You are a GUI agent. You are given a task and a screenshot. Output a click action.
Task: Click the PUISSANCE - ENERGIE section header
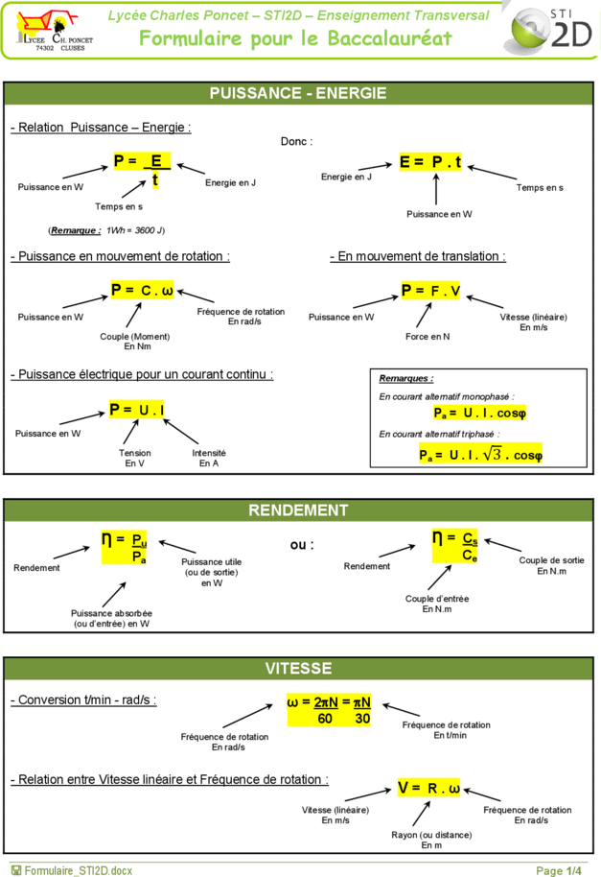tap(298, 93)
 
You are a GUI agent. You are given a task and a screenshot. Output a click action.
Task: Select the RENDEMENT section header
tap(298, 510)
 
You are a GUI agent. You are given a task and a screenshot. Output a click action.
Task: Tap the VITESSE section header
tap(298, 668)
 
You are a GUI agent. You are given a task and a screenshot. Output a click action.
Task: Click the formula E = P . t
tap(430, 161)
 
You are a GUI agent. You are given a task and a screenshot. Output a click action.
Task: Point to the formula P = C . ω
tap(142, 290)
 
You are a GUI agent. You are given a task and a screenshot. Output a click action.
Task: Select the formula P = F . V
tap(430, 291)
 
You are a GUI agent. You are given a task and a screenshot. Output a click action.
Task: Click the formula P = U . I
tap(137, 410)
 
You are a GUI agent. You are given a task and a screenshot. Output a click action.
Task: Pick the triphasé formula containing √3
tap(480, 454)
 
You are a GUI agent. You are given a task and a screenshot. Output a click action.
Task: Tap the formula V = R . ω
tap(428, 788)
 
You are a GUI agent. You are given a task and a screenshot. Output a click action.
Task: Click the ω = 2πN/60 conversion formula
tap(329, 710)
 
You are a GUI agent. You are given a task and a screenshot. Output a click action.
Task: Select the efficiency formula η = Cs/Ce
tap(454, 546)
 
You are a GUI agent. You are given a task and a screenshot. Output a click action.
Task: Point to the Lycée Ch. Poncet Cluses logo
tap(55, 31)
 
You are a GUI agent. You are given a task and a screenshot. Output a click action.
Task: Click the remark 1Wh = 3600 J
tap(106, 230)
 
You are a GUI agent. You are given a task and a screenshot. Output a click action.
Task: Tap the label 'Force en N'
tap(428, 336)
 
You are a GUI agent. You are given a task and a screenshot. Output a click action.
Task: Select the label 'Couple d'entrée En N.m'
tap(437, 604)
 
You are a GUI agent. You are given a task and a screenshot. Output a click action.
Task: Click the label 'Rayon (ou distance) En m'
tap(431, 840)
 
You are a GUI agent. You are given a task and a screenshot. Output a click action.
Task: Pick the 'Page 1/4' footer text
tap(559, 870)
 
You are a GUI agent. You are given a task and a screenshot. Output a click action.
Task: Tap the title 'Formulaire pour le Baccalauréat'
tap(295, 38)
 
